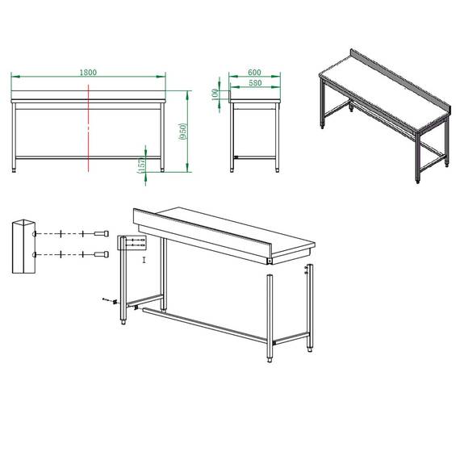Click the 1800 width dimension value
[89, 73]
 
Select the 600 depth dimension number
[255, 73]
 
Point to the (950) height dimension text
[184, 132]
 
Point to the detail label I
[144, 260]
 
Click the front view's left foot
[17, 169]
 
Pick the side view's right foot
[278, 169]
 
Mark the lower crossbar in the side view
[255, 157]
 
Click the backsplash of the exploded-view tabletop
[202, 234]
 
